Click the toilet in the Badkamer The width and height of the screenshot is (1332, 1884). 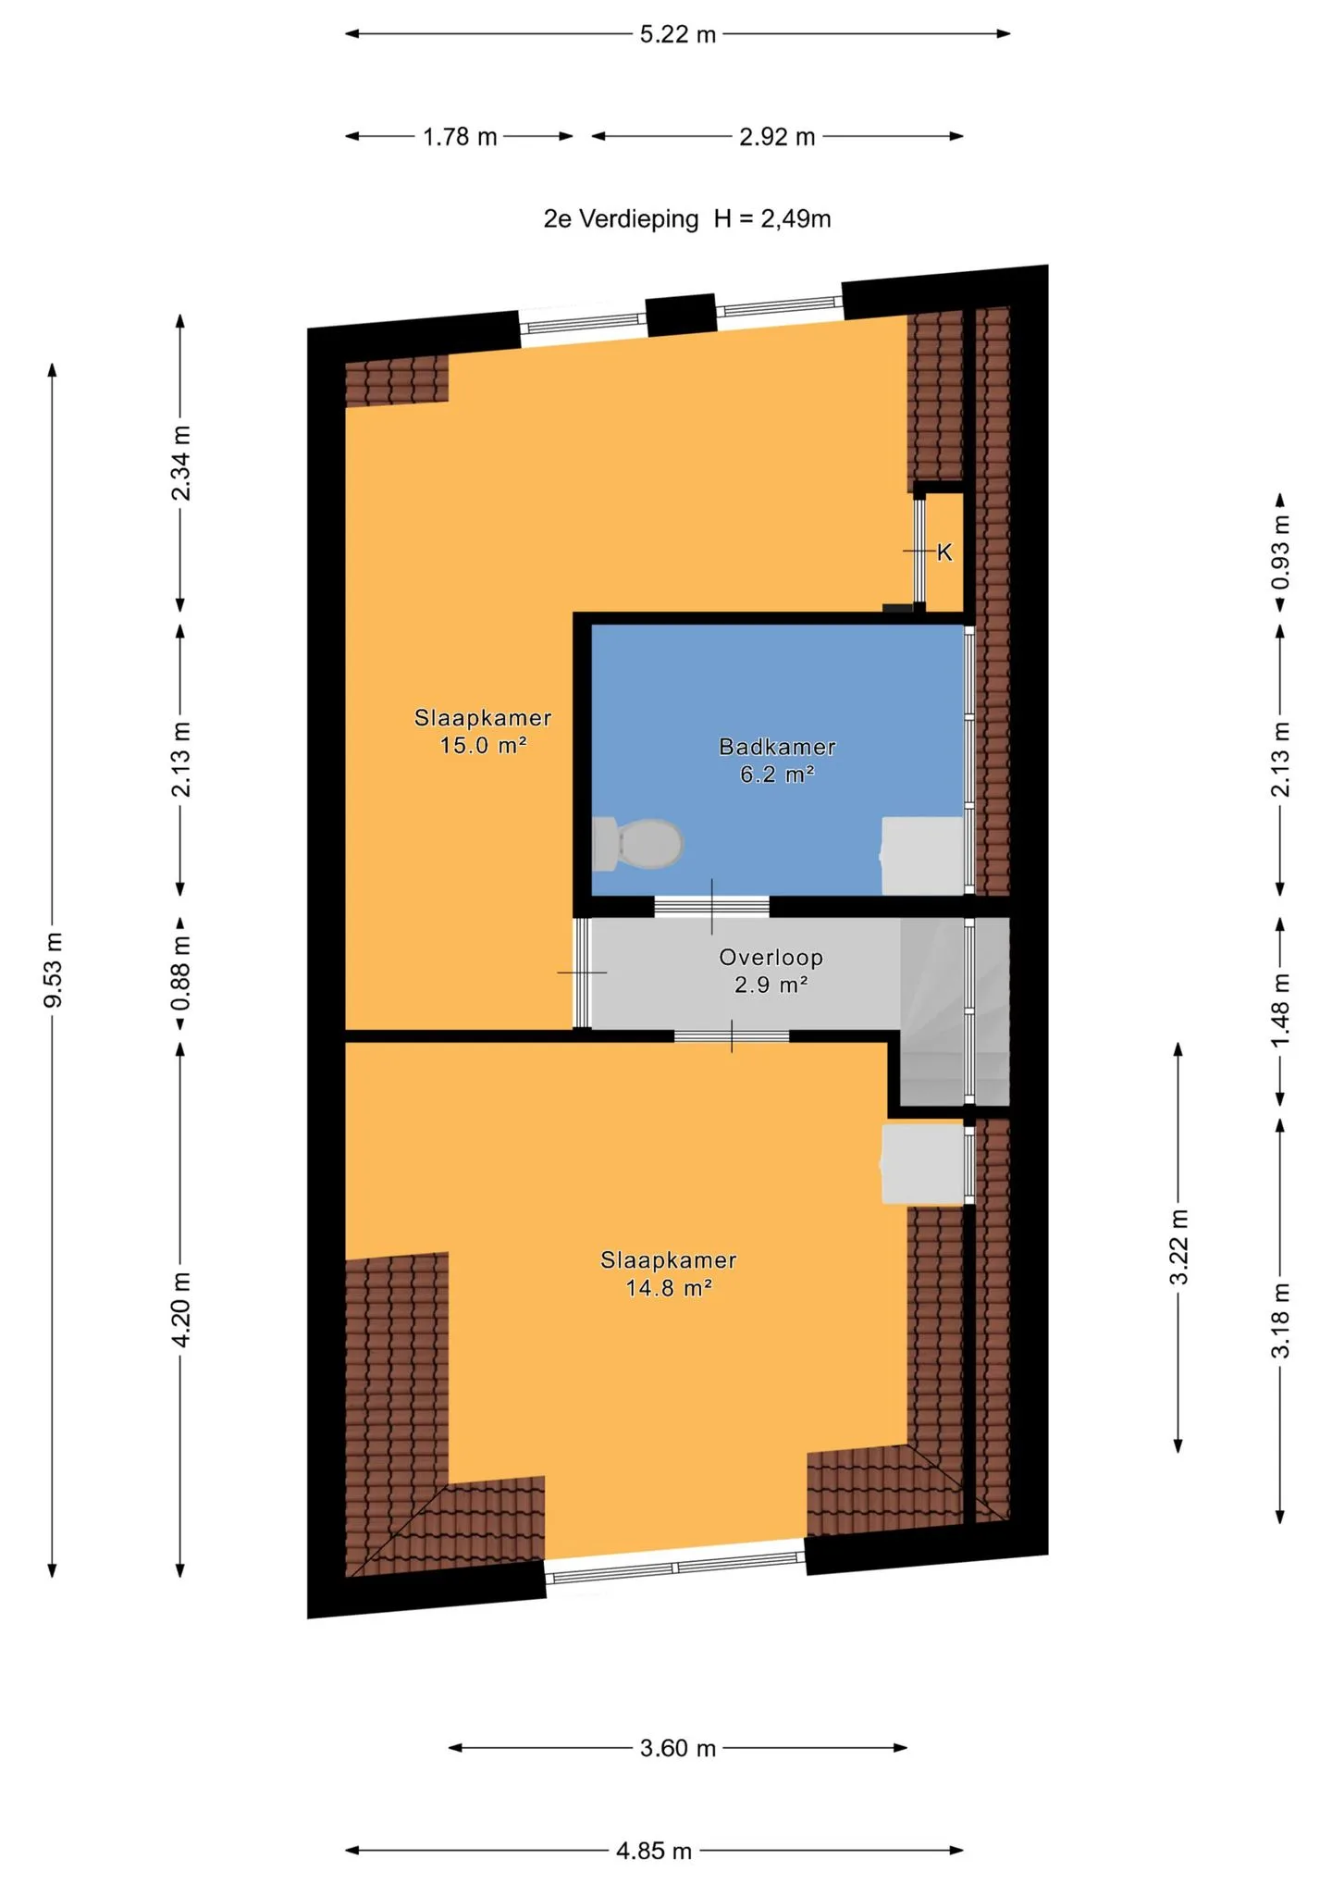click(x=637, y=843)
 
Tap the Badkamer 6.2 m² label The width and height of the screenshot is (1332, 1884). click(x=777, y=761)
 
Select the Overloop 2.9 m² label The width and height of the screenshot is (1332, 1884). click(x=771, y=971)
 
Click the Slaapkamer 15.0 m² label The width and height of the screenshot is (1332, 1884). click(x=483, y=731)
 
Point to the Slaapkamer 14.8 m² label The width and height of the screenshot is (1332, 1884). click(x=669, y=1273)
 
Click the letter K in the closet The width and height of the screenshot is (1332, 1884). click(x=944, y=552)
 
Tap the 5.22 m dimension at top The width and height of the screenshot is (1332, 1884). click(x=678, y=34)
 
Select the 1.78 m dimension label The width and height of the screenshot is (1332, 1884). click(x=460, y=137)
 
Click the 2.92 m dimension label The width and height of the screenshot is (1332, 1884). click(x=777, y=137)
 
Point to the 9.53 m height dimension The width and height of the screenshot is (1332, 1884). click(x=54, y=970)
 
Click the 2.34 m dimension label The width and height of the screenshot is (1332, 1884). click(x=181, y=463)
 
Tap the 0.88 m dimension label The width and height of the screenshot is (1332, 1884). click(x=181, y=973)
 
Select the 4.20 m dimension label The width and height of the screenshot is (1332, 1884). click(x=181, y=1309)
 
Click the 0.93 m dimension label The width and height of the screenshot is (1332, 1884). click(x=1281, y=552)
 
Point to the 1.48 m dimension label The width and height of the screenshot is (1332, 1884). click(x=1281, y=1010)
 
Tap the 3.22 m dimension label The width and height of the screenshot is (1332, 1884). click(x=1178, y=1246)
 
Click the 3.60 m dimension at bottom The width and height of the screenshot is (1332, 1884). click(x=678, y=1748)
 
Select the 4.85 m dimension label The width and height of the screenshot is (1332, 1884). click(x=654, y=1851)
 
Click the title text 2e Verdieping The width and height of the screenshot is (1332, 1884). click(x=621, y=219)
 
